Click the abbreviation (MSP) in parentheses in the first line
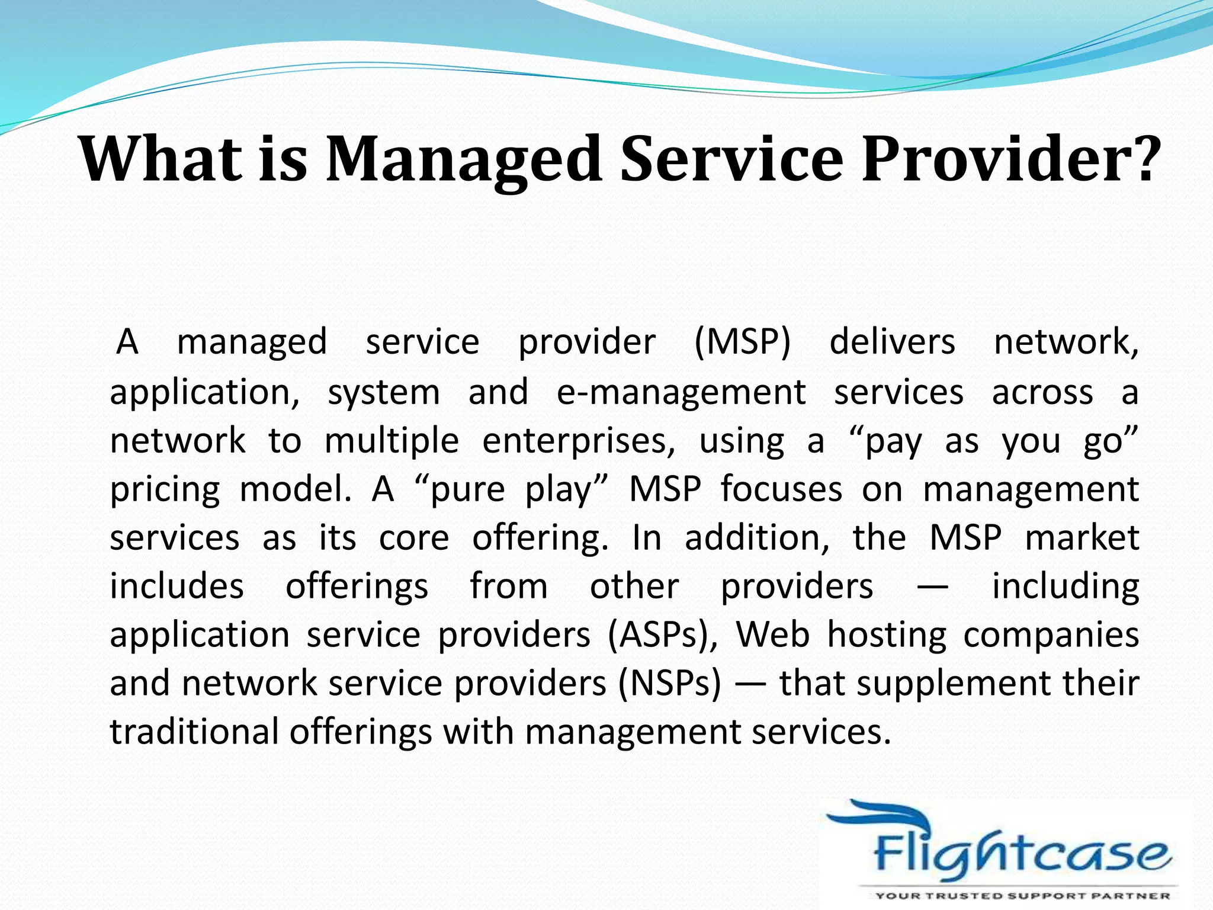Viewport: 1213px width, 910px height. point(742,342)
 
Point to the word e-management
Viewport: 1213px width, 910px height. point(681,392)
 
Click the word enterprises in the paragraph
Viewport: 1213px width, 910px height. point(579,441)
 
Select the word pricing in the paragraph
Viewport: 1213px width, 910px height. point(165,491)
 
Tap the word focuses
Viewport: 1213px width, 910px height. point(781,490)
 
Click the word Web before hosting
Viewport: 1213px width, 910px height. point(772,635)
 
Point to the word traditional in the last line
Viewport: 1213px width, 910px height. point(194,732)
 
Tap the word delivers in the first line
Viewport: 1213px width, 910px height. point(892,342)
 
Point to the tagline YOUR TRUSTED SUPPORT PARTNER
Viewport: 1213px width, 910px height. point(1022,895)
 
